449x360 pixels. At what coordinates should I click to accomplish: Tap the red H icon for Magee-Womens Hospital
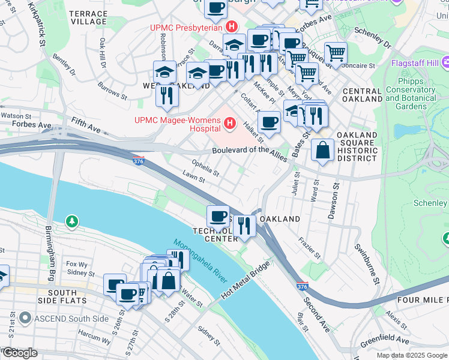tap(229, 124)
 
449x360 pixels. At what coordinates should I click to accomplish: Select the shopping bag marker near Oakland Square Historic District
tap(323, 151)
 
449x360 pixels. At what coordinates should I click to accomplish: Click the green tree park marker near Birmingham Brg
tap(71, 222)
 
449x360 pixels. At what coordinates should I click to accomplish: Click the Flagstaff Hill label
tap(415, 62)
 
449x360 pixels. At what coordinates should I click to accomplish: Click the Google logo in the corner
tap(19, 353)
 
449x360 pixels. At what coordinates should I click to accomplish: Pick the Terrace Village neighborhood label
tap(88, 17)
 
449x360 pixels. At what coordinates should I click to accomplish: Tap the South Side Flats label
tap(62, 296)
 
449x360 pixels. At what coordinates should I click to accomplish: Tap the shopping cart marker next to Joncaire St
tap(336, 53)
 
